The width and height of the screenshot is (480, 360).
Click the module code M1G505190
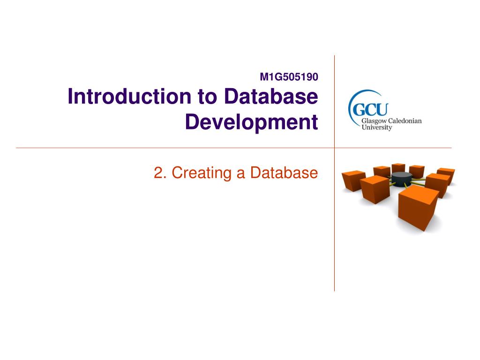(289, 77)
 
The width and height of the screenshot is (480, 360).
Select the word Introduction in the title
(129, 96)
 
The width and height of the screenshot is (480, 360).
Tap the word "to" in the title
(207, 97)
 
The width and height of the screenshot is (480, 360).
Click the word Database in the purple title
(271, 96)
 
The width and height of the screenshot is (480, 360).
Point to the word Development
(252, 122)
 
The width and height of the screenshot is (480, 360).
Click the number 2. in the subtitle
(160, 172)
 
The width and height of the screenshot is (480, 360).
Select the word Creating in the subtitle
(202, 173)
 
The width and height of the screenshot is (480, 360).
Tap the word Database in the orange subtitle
(284, 172)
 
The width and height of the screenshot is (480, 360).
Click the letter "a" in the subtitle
(240, 174)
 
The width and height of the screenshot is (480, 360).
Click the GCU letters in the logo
(370, 109)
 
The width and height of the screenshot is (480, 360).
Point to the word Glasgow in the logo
(374, 121)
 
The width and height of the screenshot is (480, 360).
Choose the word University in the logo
(377, 127)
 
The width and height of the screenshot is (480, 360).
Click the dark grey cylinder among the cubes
(402, 179)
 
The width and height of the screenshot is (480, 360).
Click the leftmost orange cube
(353, 180)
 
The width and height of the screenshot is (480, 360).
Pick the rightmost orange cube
(446, 175)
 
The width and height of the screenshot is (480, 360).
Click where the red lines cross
(334, 148)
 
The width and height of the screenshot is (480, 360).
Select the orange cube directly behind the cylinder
(398, 168)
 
